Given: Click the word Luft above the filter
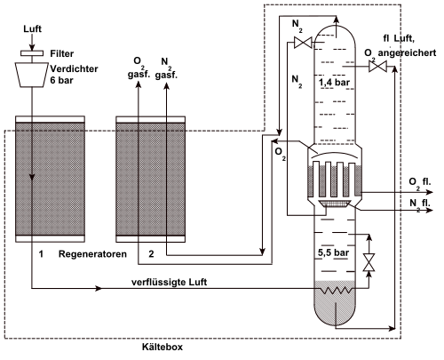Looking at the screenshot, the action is click(33, 28).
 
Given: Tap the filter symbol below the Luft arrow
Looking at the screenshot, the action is click(32, 53).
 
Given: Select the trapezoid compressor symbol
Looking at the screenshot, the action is click(32, 75).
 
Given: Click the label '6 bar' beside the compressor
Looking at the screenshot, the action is click(61, 80).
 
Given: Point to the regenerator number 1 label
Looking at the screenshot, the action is click(41, 254).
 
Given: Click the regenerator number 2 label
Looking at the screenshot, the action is click(151, 254).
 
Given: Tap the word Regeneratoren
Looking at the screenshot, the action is click(92, 254).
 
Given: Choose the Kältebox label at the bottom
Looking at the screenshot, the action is click(163, 347).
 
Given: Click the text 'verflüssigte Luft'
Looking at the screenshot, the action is click(170, 282).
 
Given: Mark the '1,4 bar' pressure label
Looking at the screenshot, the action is click(334, 83).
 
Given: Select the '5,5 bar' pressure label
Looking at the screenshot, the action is click(333, 252).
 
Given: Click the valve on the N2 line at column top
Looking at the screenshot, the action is click(303, 43).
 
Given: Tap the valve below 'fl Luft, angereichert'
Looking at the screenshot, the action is click(377, 67).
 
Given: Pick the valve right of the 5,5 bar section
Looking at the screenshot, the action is click(369, 262).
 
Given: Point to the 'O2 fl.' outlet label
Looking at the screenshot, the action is click(420, 183).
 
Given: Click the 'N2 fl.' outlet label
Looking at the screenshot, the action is click(420, 204).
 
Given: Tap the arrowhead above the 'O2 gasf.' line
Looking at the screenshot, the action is click(139, 84).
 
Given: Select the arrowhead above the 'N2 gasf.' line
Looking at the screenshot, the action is click(166, 86).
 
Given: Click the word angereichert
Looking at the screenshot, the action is click(407, 52).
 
